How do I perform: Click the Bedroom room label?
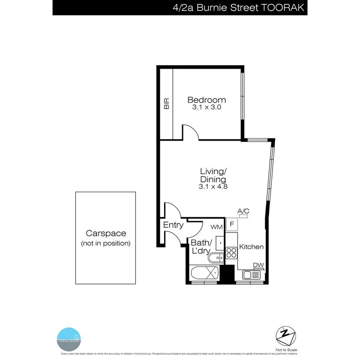click(206, 100)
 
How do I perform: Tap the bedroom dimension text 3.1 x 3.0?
click(206, 107)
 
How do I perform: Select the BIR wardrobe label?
click(166, 103)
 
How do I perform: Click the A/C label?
click(243, 211)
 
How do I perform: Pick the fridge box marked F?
click(232, 224)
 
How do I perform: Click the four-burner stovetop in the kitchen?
click(231, 253)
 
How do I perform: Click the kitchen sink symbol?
click(252, 275)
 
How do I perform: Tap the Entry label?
click(173, 225)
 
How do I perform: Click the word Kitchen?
click(251, 247)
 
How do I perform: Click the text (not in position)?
click(106, 243)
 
